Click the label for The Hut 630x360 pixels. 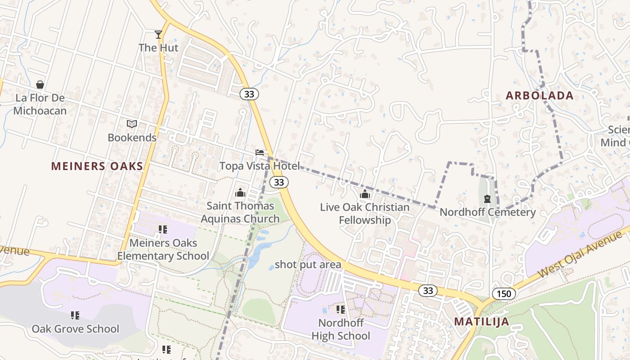[158, 48]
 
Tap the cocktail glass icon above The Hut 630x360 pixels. [158, 34]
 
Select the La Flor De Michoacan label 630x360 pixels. [40, 104]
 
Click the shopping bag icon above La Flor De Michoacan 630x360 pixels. [40, 85]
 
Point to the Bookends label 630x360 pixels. [132, 138]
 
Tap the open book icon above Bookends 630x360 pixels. [132, 124]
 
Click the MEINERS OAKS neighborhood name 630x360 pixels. [97, 166]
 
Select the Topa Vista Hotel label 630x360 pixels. [259, 166]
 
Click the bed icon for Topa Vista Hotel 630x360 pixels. [260, 153]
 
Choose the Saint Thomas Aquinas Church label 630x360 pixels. [240, 212]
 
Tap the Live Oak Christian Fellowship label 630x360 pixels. [364, 214]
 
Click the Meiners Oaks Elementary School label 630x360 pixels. [163, 250]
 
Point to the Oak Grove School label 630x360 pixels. [75, 329]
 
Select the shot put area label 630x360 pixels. [308, 265]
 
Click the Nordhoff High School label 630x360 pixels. [341, 329]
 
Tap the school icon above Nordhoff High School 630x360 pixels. [341, 310]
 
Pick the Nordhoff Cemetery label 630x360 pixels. [487, 212]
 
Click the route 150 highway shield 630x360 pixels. [504, 294]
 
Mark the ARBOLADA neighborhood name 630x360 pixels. [540, 95]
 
